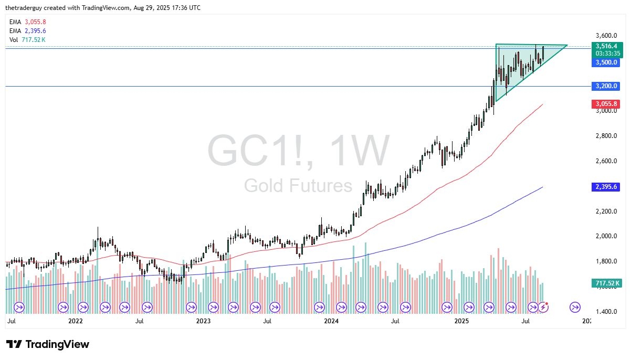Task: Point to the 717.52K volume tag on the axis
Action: [606, 283]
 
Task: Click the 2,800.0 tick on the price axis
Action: [606, 136]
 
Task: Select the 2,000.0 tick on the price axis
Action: [606, 236]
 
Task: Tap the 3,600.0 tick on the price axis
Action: [606, 36]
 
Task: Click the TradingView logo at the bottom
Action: [48, 344]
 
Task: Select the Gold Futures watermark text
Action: [298, 186]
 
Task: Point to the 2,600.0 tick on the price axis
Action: [606, 161]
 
